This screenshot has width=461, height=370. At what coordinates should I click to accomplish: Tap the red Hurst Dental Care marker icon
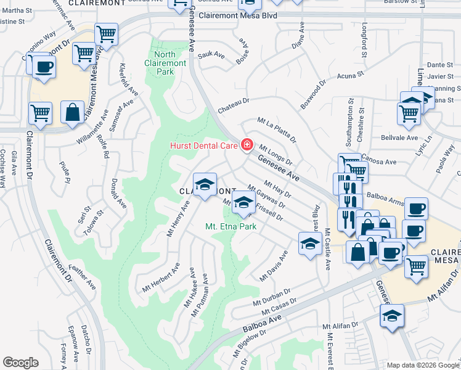pyautogui.click(x=247, y=145)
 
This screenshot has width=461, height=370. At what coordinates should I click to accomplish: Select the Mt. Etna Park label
pyautogui.click(x=230, y=226)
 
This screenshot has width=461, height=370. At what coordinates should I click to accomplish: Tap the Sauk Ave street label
pyautogui.click(x=210, y=55)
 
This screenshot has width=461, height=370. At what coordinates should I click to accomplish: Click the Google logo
pyautogui.click(x=20, y=362)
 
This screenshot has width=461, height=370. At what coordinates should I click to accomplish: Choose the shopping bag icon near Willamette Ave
pyautogui.click(x=73, y=112)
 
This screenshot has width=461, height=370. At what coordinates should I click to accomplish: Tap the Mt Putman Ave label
pyautogui.click(x=204, y=300)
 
